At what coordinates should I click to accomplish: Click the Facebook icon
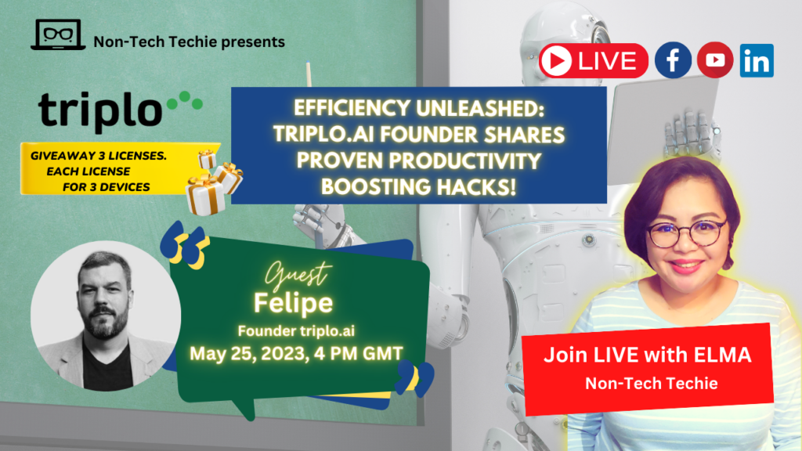673,60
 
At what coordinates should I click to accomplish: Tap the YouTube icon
715,60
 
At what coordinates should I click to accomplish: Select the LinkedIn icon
757,60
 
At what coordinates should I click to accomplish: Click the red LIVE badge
594,61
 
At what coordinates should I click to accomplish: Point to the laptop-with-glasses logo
58,34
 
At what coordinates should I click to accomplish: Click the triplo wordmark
100,111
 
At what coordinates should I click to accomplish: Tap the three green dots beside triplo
185,100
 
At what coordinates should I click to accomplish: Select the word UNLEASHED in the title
480,108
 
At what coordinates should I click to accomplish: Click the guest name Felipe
293,303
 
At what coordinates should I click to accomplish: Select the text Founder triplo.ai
296,331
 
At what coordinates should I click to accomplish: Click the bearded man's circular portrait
106,316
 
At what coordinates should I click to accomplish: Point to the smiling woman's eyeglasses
686,233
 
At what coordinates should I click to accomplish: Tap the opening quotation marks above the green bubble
185,246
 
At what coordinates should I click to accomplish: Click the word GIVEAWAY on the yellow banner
63,156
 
